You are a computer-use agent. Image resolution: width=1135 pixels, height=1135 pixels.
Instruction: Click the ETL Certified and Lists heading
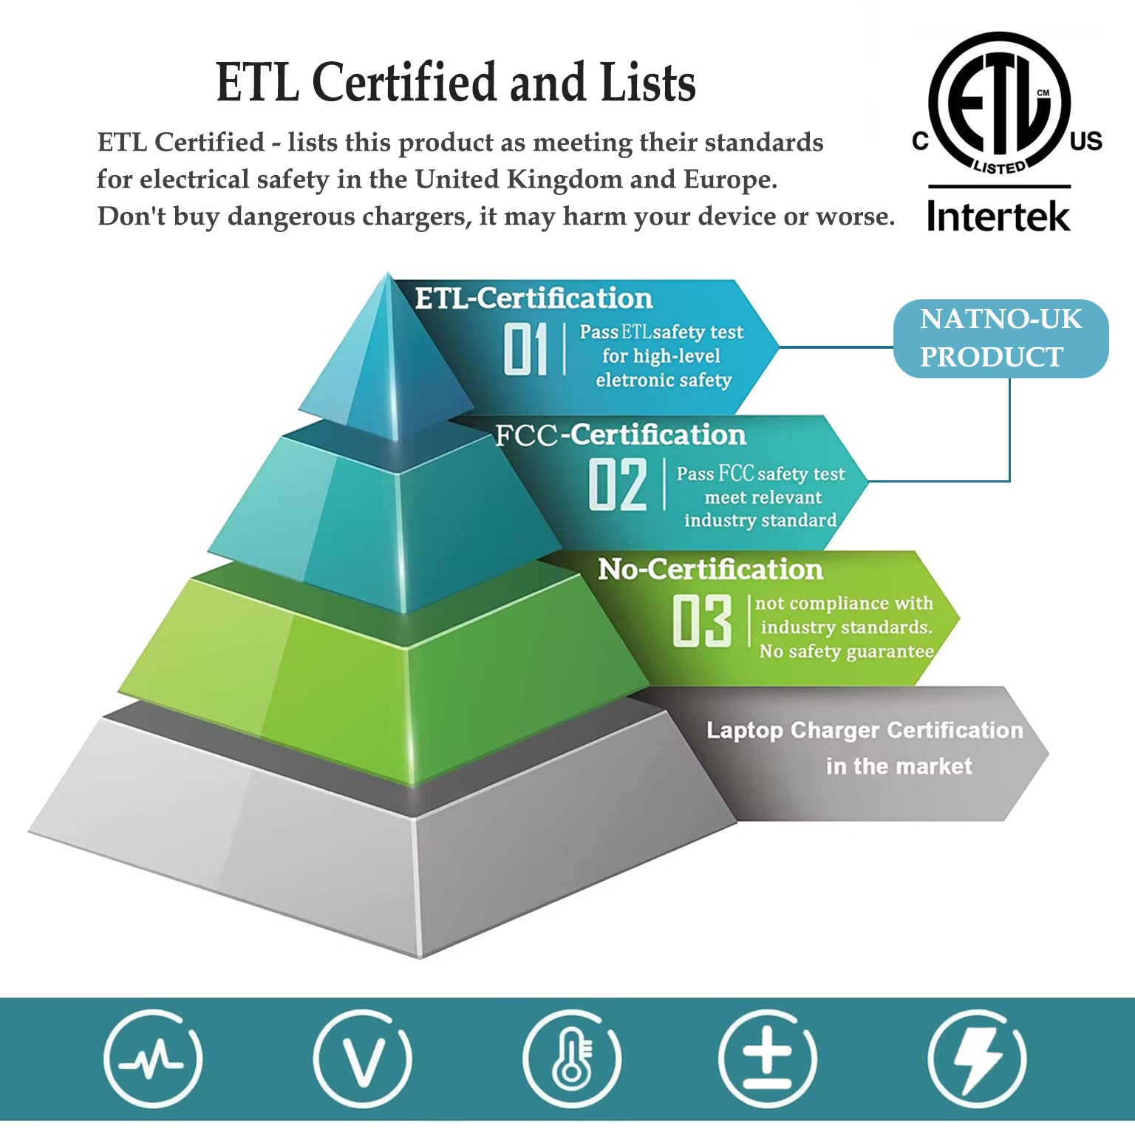pyautogui.click(x=455, y=82)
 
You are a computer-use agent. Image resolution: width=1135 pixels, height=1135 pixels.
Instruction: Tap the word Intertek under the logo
pyautogui.click(x=998, y=216)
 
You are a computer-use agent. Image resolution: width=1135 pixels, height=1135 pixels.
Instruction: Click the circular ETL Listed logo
pyautogui.click(x=999, y=103)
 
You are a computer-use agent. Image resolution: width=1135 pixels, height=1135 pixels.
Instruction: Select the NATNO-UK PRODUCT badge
pyautogui.click(x=1001, y=338)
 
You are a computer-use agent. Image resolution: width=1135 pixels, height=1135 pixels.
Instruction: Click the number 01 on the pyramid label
pyautogui.click(x=525, y=349)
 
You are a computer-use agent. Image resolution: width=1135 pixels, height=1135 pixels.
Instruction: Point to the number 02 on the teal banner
pyautogui.click(x=618, y=485)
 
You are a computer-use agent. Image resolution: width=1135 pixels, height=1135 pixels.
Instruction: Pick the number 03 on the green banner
pyautogui.click(x=702, y=621)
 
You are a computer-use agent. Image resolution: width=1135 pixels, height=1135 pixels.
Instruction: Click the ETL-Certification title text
pyautogui.click(x=534, y=299)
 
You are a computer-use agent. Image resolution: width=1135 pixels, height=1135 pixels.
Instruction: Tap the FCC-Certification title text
pyautogui.click(x=621, y=435)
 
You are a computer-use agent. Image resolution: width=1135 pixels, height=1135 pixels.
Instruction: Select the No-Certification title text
pyautogui.click(x=710, y=569)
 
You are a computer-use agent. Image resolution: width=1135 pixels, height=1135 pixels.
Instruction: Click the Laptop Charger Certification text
pyautogui.click(x=865, y=730)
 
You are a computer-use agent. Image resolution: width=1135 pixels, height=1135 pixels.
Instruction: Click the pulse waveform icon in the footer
pyautogui.click(x=153, y=1059)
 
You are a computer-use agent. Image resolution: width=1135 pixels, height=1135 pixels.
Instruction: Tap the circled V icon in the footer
pyautogui.click(x=362, y=1059)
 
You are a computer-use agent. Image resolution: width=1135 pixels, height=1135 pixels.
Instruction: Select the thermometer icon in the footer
pyautogui.click(x=572, y=1059)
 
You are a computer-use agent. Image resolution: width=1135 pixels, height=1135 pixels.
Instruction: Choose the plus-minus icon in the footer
pyautogui.click(x=768, y=1059)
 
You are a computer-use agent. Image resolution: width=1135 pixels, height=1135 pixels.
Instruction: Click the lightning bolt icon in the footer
pyautogui.click(x=977, y=1059)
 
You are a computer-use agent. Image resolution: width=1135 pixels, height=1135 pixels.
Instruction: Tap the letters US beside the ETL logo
pyautogui.click(x=1086, y=141)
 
